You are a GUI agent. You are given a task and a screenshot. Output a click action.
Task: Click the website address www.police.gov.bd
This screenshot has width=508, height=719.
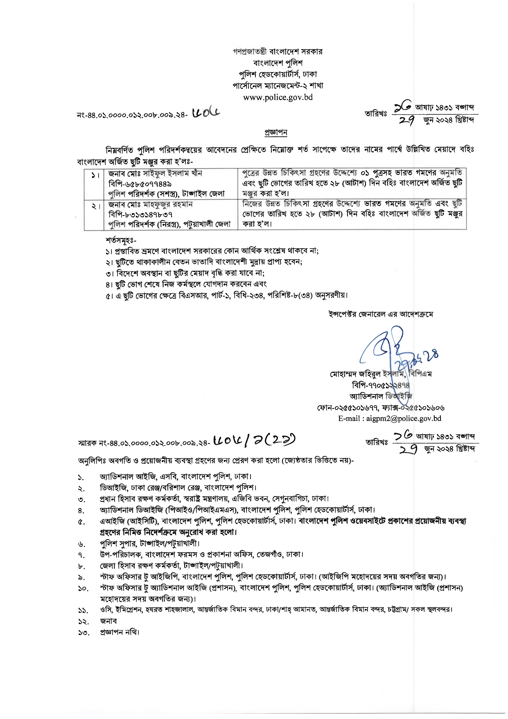(x=278, y=97)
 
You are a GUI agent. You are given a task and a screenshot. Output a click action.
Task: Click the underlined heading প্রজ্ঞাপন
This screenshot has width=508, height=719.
(x=276, y=132)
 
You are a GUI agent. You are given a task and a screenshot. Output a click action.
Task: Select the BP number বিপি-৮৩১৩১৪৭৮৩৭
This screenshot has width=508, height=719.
(x=140, y=214)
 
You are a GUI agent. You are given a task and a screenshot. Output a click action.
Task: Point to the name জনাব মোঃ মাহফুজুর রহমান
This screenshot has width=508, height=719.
(x=150, y=204)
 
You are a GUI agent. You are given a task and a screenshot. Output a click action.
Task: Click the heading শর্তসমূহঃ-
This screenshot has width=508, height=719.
(x=121, y=240)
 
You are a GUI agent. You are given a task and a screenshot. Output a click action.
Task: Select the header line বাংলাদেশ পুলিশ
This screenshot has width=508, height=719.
(x=278, y=63)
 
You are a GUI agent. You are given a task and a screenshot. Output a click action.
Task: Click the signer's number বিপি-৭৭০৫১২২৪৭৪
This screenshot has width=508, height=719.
(x=381, y=385)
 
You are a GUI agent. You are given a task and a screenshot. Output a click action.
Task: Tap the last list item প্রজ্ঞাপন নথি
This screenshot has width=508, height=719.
(x=120, y=632)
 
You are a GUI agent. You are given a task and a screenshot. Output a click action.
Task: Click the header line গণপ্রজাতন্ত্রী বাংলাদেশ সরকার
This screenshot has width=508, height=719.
(x=278, y=52)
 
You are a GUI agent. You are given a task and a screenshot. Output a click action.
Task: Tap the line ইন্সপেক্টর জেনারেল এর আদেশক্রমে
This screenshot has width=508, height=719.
(x=381, y=314)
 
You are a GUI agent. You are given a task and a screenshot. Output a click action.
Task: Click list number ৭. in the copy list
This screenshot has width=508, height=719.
(x=81, y=555)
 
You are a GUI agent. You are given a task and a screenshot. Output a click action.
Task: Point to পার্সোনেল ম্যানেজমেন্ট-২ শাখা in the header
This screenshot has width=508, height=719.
(x=278, y=86)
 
